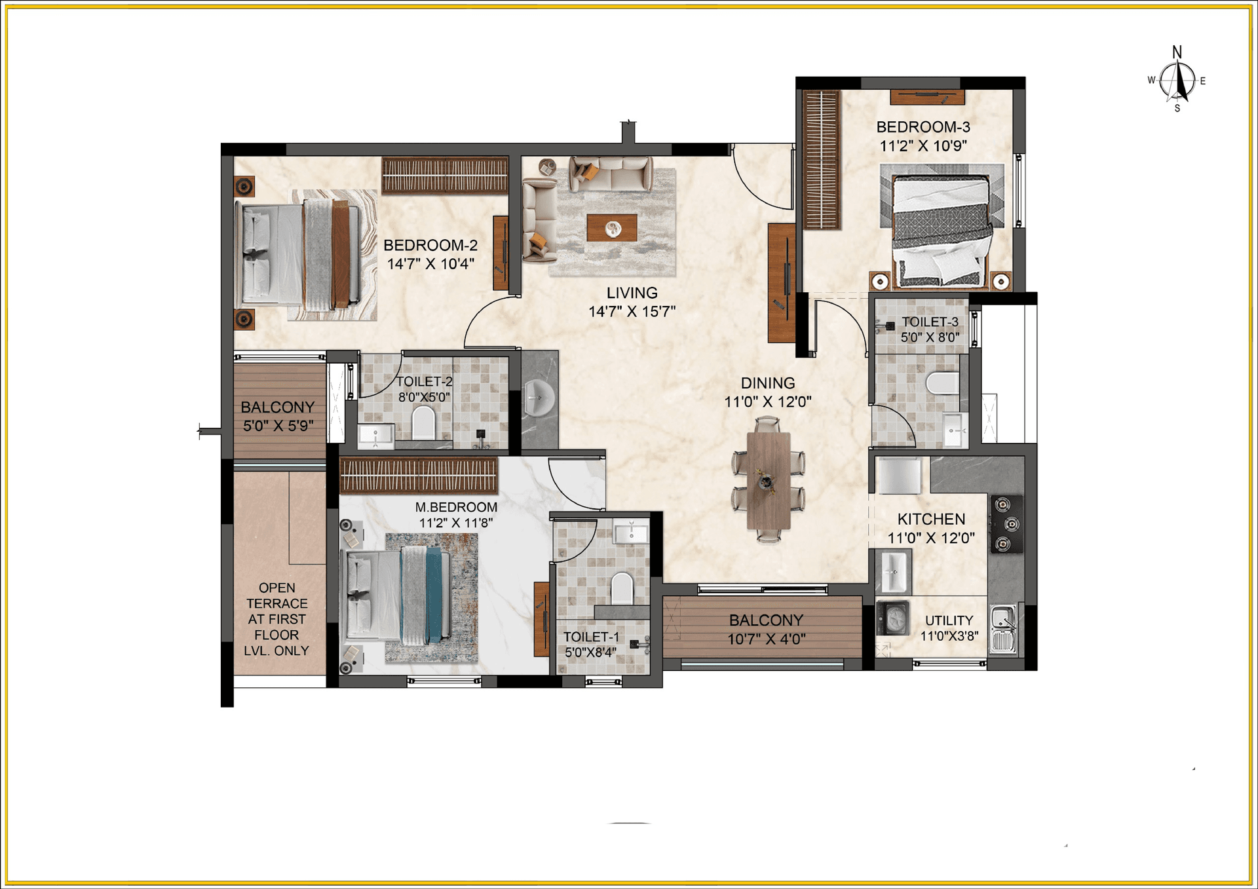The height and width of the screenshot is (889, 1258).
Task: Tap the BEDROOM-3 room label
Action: (923, 127)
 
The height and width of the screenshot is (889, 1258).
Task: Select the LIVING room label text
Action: (632, 293)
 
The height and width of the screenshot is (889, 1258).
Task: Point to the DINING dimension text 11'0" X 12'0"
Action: (768, 402)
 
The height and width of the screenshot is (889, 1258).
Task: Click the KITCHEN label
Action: (931, 520)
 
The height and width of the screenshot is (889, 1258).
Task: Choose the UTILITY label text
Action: (949, 620)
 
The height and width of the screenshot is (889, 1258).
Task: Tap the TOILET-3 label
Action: (930, 322)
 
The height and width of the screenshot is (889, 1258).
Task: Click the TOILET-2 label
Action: (424, 381)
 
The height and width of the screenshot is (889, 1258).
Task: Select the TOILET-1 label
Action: (591, 637)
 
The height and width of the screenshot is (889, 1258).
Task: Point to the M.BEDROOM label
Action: (456, 507)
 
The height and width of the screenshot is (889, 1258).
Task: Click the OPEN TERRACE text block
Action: (276, 619)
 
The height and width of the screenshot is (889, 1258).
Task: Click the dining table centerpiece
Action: (766, 480)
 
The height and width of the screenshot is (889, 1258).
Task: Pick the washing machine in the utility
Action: (892, 618)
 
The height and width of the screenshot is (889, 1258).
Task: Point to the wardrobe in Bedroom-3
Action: (822, 160)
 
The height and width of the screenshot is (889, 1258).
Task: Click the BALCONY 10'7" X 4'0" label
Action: (766, 630)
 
